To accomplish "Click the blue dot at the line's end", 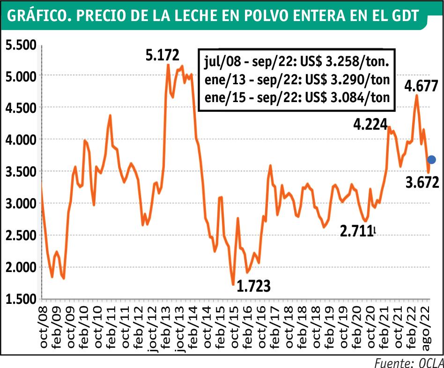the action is pyautogui.click(x=431, y=160).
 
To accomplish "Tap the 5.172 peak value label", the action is pyautogui.click(x=163, y=55).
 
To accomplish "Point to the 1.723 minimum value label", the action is pyautogui.click(x=254, y=286).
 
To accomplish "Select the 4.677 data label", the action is pyautogui.click(x=422, y=86).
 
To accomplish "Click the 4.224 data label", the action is pyautogui.click(x=370, y=124).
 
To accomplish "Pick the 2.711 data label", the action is pyautogui.click(x=357, y=231).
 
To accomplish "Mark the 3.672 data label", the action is pyautogui.click(x=422, y=182).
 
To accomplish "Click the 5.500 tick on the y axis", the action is pyautogui.click(x=21, y=45).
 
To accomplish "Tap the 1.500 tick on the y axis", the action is pyautogui.click(x=21, y=299).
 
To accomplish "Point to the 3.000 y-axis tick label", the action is pyautogui.click(x=21, y=203).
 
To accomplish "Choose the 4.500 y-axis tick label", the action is pyautogui.click(x=21, y=108).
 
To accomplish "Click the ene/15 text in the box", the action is pyautogui.click(x=225, y=98).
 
